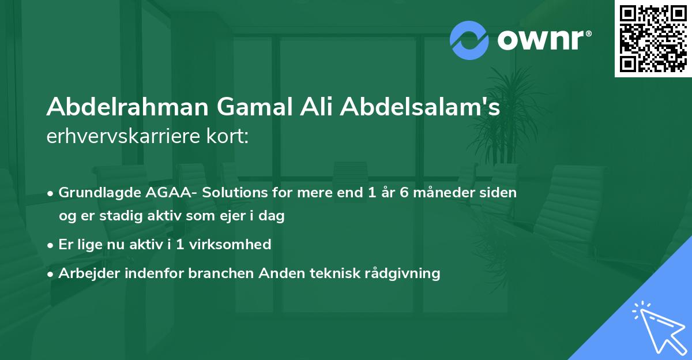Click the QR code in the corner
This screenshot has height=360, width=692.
[653, 38]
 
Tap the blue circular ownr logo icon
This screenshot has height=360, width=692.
[469, 40]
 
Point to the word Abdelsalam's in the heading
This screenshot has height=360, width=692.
[420, 108]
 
